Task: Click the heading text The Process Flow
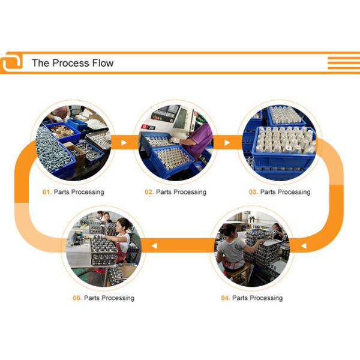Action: (x=72, y=63)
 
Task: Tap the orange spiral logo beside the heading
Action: (x=11, y=62)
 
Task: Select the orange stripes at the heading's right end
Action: (x=343, y=62)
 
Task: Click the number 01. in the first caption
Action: (x=47, y=192)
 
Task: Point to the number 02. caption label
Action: (x=149, y=192)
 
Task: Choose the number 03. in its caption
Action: (x=253, y=192)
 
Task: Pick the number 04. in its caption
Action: (x=225, y=298)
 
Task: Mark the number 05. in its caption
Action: (x=77, y=298)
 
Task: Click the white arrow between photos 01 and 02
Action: (x=124, y=143)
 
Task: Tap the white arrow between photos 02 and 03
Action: (x=227, y=143)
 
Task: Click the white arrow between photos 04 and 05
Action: (x=155, y=245)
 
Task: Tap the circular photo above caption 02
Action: (x=176, y=142)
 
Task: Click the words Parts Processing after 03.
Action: (x=285, y=192)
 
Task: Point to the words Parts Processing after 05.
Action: (x=109, y=298)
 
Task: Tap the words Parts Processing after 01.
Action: (x=79, y=192)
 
